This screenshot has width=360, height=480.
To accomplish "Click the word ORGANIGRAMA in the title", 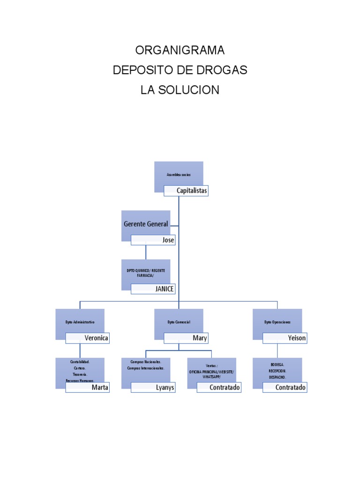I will (x=180, y=50).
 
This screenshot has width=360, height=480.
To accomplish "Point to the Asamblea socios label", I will (x=179, y=174).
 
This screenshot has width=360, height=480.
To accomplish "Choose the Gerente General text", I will (x=146, y=224).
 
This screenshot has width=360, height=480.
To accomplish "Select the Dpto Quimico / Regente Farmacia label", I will (x=146, y=273).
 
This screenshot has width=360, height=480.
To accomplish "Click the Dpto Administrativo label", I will (x=80, y=322).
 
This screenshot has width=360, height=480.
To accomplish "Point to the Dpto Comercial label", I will (x=179, y=322).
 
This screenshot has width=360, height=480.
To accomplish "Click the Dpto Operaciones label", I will (x=277, y=322).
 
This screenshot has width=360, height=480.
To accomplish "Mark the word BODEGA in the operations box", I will (x=277, y=364).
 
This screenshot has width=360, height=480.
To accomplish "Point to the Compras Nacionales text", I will (x=146, y=362).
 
